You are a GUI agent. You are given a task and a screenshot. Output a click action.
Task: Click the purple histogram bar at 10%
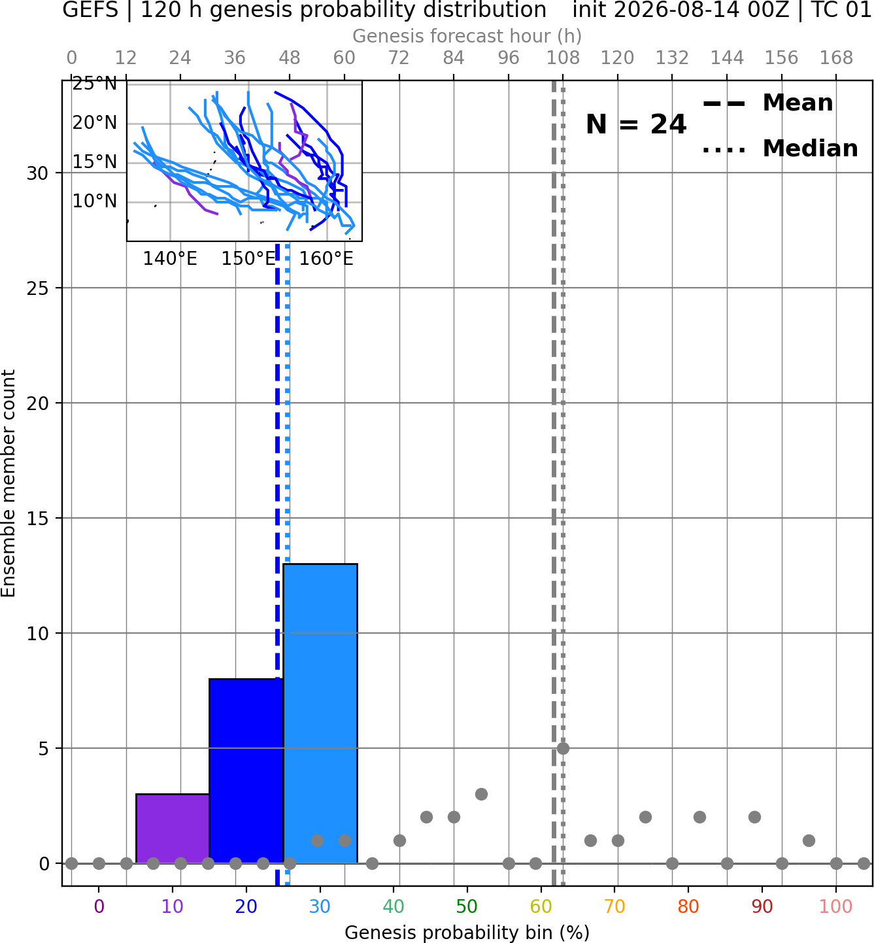(173, 828)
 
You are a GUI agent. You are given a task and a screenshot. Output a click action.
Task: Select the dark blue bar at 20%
(246, 770)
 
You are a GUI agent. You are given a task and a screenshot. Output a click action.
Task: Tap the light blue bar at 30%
(320, 713)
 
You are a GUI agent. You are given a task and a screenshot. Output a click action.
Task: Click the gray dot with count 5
(563, 748)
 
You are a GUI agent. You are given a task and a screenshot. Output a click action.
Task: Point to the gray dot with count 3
(481, 794)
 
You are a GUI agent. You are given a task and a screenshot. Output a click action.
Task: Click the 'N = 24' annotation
(636, 124)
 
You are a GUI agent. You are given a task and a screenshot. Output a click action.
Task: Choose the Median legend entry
(780, 148)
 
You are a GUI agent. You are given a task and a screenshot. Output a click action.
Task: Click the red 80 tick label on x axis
(688, 907)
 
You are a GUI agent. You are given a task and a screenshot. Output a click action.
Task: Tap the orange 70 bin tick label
(614, 907)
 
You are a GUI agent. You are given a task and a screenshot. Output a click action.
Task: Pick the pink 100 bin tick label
(835, 907)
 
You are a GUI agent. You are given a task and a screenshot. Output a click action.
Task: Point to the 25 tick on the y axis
(38, 288)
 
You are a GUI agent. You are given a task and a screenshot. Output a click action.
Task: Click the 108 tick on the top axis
(563, 58)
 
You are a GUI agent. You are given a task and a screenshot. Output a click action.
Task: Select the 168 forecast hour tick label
(837, 58)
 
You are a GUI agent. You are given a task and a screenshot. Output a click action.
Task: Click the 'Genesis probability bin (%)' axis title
(467, 933)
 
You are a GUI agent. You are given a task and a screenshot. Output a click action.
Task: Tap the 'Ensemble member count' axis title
(8, 483)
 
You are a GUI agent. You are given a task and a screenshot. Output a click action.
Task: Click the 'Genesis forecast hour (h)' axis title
(467, 36)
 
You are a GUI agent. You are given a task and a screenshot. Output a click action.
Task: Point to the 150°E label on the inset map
(248, 259)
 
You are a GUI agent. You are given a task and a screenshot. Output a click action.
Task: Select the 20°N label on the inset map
(95, 123)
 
